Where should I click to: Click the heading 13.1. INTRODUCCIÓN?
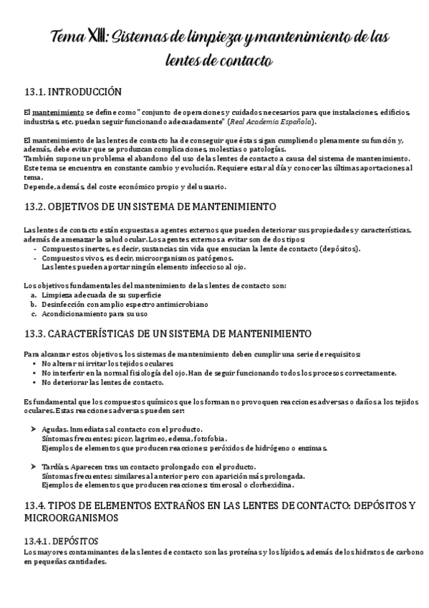tap(72, 92)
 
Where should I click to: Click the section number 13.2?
tap(34, 206)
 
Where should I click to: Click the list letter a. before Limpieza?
tap(34, 295)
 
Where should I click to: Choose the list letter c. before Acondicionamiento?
tap(34, 313)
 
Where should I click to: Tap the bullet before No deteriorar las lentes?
tap(35, 382)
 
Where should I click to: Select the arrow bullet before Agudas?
tap(34, 427)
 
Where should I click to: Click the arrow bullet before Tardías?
tap(34, 466)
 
